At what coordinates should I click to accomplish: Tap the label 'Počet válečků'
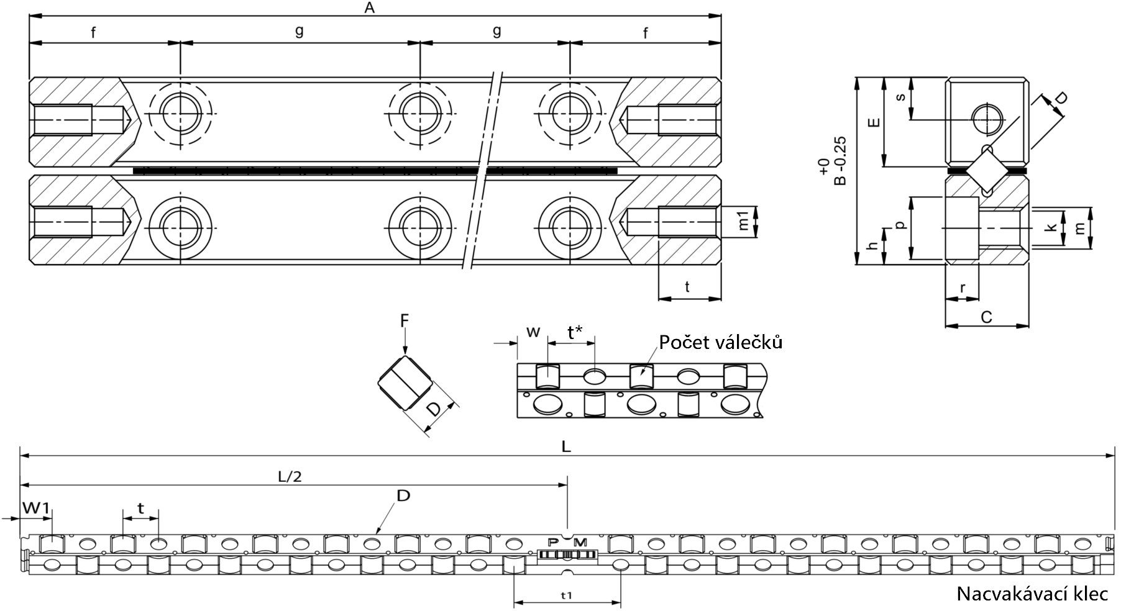click(x=720, y=342)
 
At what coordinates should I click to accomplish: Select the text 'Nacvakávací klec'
click(x=1032, y=594)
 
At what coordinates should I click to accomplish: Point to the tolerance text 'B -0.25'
click(x=840, y=161)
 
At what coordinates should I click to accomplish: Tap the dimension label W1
click(x=36, y=509)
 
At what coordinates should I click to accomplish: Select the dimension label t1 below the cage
click(x=566, y=595)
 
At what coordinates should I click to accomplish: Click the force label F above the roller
click(x=404, y=320)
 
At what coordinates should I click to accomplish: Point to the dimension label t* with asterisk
click(x=575, y=332)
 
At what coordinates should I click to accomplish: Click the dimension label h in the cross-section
click(x=874, y=247)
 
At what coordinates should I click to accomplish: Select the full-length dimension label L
click(x=566, y=447)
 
